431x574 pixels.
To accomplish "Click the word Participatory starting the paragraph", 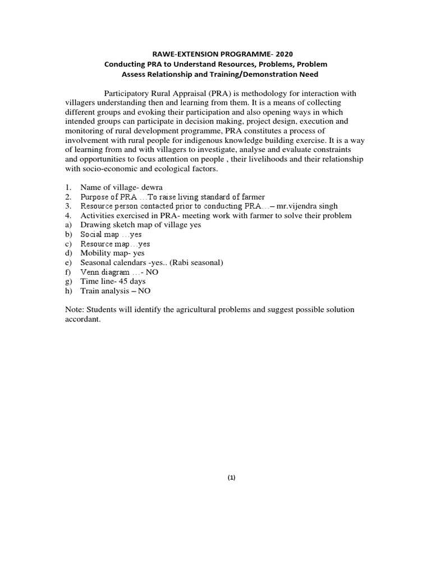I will point(127,93).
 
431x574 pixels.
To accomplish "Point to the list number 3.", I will point(68,206).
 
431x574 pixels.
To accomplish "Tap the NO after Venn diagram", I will point(152,272).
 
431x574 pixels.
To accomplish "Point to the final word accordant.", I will point(82,320).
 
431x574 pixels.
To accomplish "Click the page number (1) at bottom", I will point(232,478).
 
